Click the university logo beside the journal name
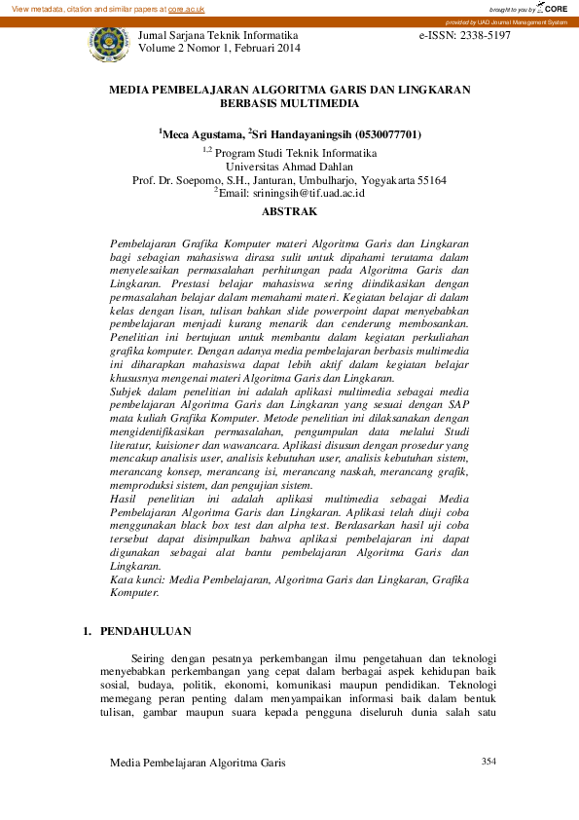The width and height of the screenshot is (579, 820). pos(107,44)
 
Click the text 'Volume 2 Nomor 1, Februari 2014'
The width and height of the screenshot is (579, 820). pos(219,48)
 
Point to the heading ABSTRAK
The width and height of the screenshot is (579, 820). pos(289,210)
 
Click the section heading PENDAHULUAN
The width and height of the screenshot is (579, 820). pos(146,631)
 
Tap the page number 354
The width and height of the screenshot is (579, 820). pos(489,761)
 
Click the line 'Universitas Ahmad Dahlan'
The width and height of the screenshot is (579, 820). pos(289,166)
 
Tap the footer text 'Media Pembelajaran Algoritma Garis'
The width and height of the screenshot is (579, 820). pos(199,763)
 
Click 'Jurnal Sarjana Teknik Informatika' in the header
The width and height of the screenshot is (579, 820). pos(219,34)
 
